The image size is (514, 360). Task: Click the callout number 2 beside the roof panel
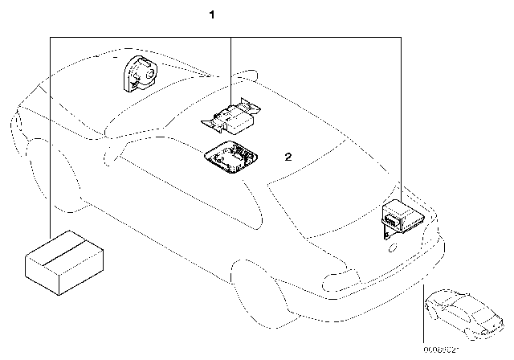(288, 158)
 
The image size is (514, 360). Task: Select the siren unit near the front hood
(139, 73)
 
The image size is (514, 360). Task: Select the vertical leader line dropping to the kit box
(50, 137)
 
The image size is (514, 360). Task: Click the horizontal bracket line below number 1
(225, 36)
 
